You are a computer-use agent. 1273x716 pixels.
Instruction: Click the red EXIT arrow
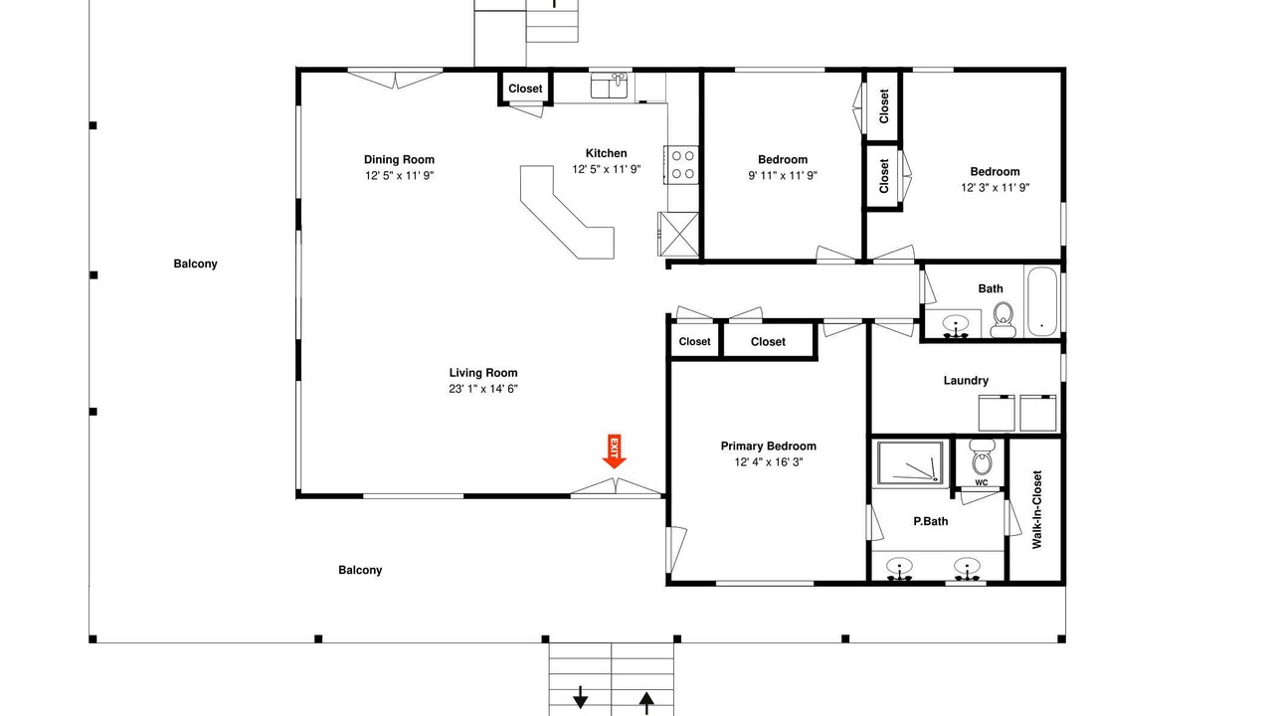point(614,451)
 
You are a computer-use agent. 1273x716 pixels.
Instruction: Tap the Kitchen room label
point(607,153)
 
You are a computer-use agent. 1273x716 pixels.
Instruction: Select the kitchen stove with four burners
point(682,165)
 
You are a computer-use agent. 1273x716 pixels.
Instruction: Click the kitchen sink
point(610,87)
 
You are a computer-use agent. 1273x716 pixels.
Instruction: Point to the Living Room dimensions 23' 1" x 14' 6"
point(483,389)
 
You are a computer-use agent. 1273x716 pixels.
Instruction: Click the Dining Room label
point(399,160)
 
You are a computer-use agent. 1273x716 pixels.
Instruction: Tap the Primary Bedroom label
point(769,447)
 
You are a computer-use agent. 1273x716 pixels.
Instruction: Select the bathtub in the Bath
point(1041,301)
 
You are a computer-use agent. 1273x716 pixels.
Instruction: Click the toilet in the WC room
point(982,457)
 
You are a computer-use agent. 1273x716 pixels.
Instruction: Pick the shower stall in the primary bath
point(910,463)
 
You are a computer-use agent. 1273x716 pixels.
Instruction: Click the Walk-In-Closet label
point(1037,509)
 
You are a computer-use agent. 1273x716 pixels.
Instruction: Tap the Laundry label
point(966,381)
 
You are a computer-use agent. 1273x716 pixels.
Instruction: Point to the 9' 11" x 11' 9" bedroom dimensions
point(783,176)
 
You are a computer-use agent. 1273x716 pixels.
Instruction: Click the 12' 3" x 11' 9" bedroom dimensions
point(996,188)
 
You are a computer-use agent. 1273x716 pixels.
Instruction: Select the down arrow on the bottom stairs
point(580,697)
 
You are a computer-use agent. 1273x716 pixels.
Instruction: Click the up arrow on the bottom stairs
point(646,702)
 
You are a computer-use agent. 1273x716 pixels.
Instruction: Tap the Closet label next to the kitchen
point(525,89)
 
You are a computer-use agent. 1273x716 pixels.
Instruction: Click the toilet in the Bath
point(1003,320)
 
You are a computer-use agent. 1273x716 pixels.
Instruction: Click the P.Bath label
point(930,521)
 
